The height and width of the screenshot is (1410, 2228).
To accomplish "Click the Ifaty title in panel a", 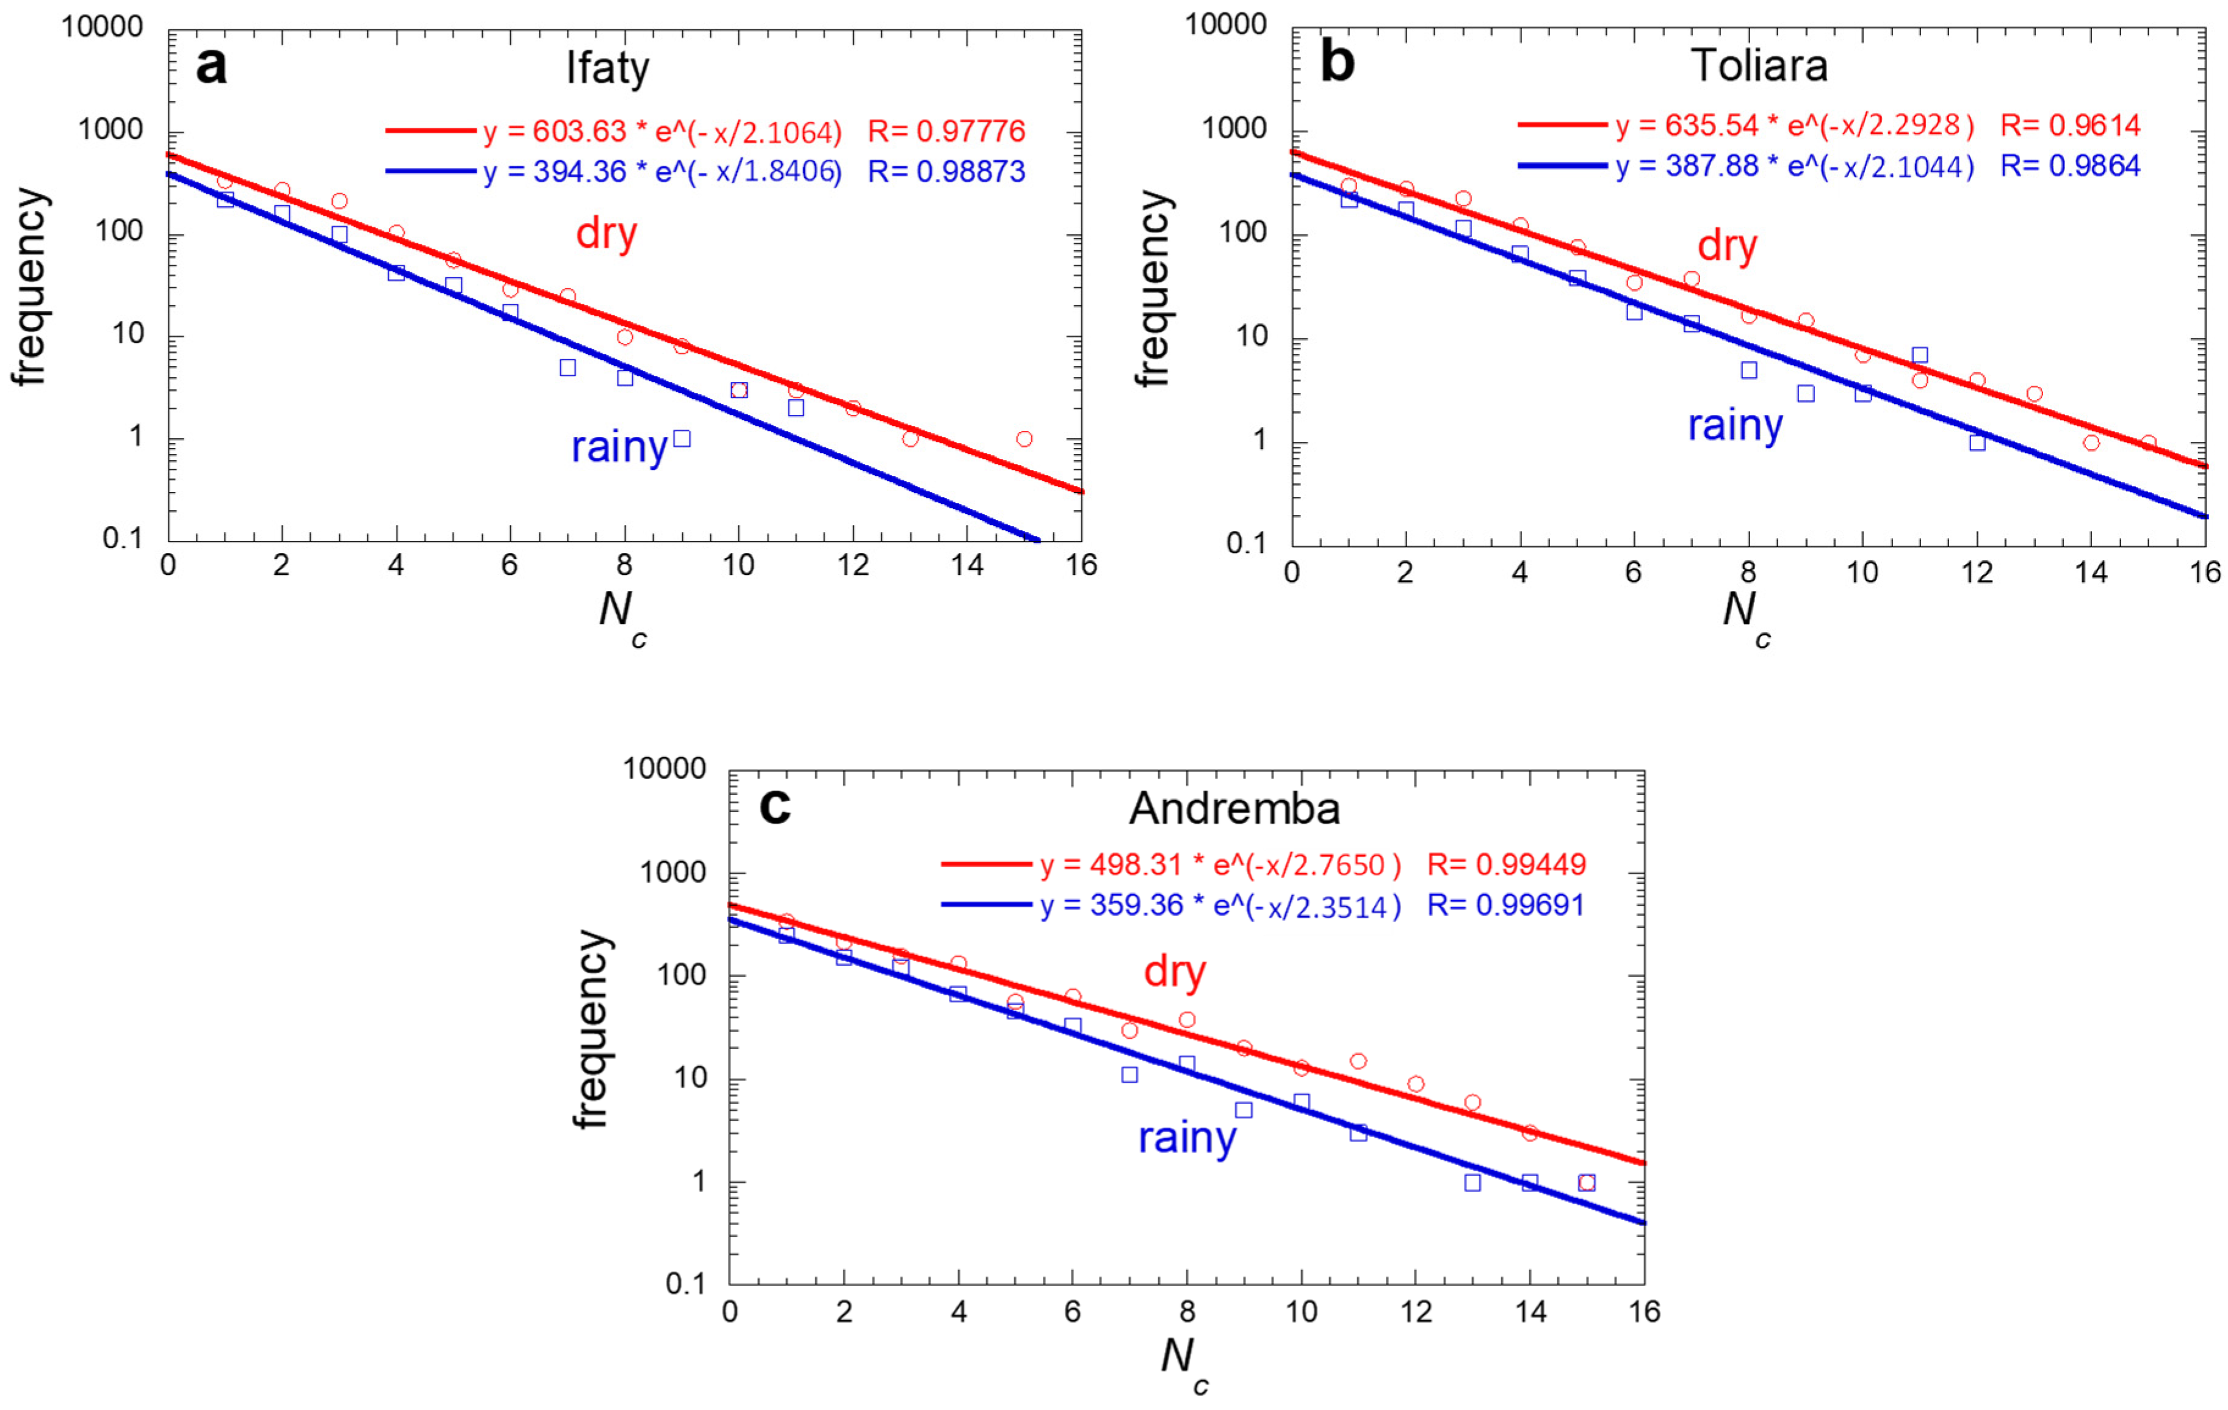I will point(608,68).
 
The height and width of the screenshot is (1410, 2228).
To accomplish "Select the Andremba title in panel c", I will point(1235,809).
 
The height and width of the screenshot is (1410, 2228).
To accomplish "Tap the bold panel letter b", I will point(1338,62).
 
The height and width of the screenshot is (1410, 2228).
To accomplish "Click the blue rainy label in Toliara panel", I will point(1735,425).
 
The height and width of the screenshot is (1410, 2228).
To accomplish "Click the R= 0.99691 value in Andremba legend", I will point(1506,905).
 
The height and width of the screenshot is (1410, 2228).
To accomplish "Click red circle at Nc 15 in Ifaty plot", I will point(1023,438).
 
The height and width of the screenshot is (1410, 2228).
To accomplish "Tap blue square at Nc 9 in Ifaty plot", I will point(682,438).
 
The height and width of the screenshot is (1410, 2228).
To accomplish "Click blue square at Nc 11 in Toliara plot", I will point(1920,355).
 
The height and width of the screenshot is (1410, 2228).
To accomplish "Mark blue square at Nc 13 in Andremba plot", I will point(1472,1182).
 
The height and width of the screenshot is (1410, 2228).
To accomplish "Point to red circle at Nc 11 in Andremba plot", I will point(1358,1061).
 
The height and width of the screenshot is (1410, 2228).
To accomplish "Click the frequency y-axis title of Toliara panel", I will point(1154,289).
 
